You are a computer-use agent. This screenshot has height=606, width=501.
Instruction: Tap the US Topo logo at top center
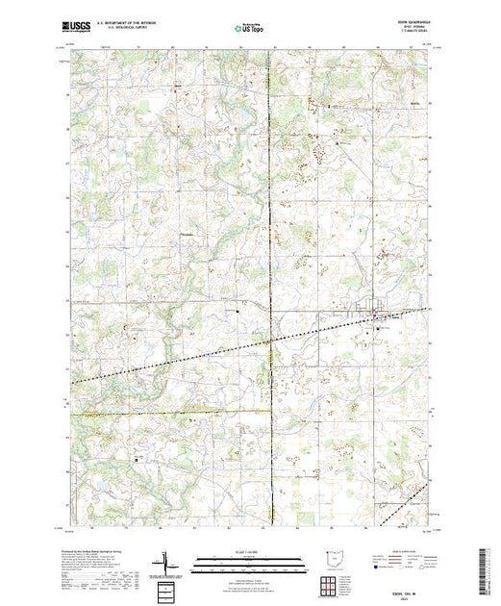click(249, 30)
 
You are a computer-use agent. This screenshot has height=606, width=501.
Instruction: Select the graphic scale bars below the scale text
click(249, 564)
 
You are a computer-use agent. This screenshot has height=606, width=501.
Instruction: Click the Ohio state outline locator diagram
click(333, 559)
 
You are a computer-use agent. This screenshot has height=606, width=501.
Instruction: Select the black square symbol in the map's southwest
click(138, 458)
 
